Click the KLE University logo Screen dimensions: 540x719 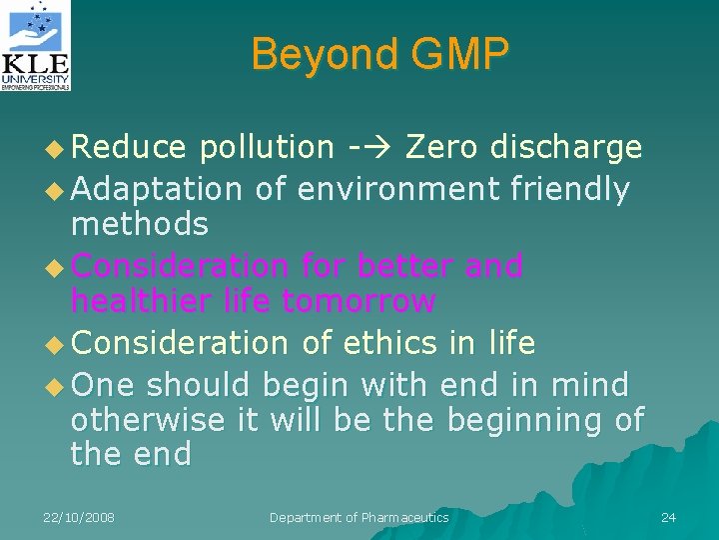click(37, 46)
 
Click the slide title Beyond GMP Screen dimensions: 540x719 click(379, 54)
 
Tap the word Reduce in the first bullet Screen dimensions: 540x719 click(129, 148)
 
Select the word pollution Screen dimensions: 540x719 click(267, 148)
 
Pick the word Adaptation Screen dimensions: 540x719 click(157, 188)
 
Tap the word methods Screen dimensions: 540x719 click(139, 224)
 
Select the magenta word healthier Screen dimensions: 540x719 click(141, 301)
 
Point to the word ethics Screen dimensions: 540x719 click(389, 343)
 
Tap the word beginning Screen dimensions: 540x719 click(524, 419)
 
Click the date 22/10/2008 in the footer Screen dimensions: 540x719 click(79, 517)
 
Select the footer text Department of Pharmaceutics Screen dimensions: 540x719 click(359, 517)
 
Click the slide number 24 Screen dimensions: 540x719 click(668, 517)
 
